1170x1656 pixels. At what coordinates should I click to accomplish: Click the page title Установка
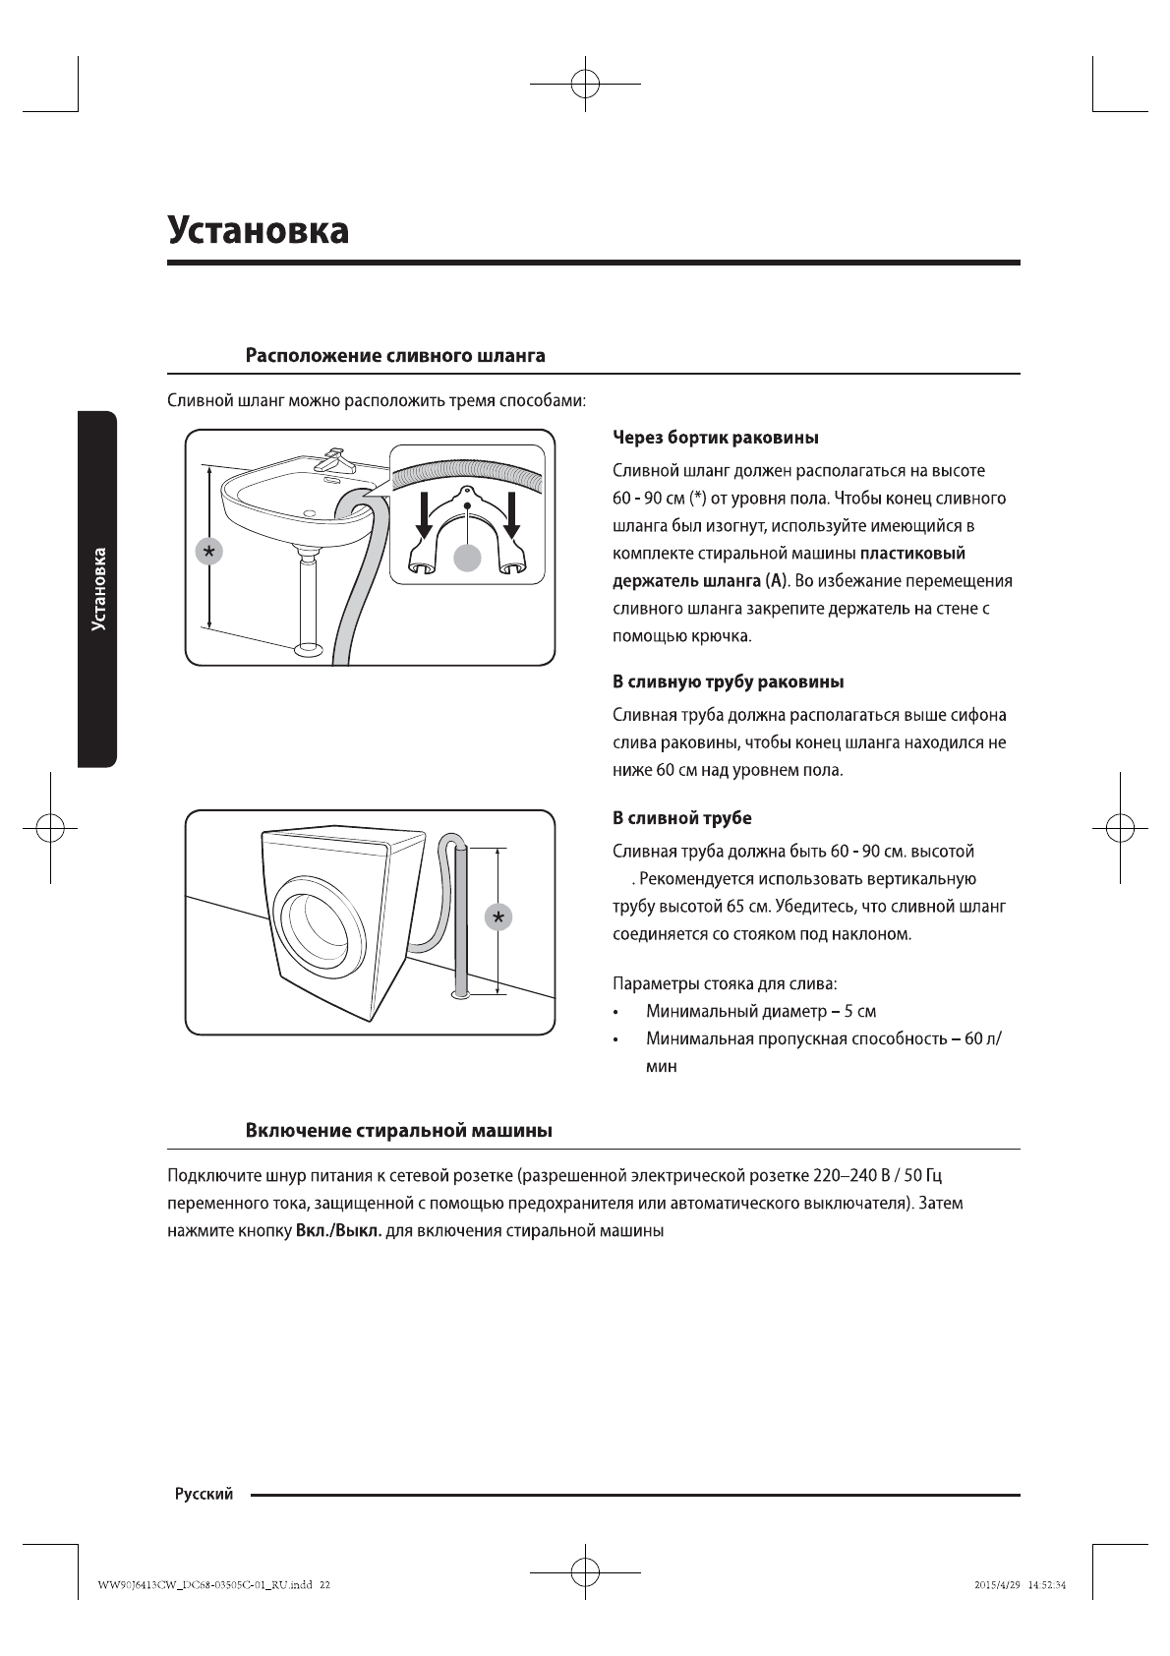click(258, 231)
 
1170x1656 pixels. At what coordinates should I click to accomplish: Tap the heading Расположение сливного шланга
click(394, 355)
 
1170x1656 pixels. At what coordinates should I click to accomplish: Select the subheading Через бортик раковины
click(716, 437)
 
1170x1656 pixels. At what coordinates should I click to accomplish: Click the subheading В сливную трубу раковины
click(728, 681)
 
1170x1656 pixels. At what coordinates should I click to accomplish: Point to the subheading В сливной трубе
click(682, 818)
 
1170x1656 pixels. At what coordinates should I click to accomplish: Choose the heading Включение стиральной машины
click(398, 1130)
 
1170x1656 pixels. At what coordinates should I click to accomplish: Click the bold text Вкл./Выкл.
click(338, 1231)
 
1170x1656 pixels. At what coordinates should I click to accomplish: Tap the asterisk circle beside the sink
click(208, 552)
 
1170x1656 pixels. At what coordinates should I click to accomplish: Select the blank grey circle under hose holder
click(468, 557)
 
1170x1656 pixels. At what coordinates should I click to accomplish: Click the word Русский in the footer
click(204, 1495)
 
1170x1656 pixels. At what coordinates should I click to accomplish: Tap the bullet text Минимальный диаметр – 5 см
click(760, 1011)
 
